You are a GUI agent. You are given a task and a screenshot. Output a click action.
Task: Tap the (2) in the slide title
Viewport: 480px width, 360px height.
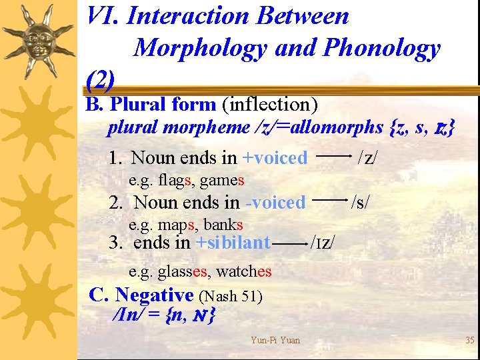pos(101,80)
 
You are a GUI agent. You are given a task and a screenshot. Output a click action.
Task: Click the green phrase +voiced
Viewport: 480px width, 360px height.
pos(275,158)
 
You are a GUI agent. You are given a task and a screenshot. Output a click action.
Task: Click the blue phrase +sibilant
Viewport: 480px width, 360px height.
pos(233,243)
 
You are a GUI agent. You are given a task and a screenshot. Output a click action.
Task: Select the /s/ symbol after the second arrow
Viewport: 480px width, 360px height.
pos(361,201)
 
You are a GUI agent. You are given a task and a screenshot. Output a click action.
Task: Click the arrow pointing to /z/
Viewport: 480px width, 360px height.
pos(333,155)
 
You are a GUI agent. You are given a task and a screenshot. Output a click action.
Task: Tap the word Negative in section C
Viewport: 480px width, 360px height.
pos(154,295)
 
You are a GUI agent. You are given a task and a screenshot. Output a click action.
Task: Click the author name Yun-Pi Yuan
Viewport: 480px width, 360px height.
pos(275,341)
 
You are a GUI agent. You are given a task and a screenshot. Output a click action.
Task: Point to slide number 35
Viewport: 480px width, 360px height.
pos(469,341)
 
